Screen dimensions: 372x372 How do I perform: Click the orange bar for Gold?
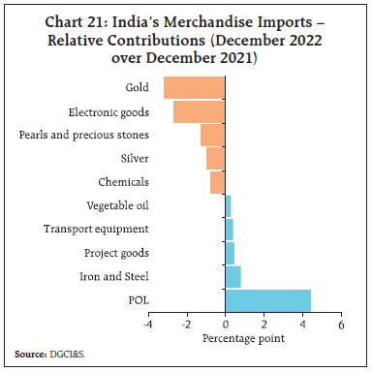pos(194,87)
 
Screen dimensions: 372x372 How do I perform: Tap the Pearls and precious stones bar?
pos(212,134)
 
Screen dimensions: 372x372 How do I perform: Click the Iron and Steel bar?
pos(232,276)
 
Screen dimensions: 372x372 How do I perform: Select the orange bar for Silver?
pos(215,158)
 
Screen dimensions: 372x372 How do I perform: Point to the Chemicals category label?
pos(123,181)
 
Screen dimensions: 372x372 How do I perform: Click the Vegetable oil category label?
pos(117,205)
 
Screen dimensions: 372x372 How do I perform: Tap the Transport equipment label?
pos(96,229)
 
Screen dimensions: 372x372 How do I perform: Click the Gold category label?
pos(137,87)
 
